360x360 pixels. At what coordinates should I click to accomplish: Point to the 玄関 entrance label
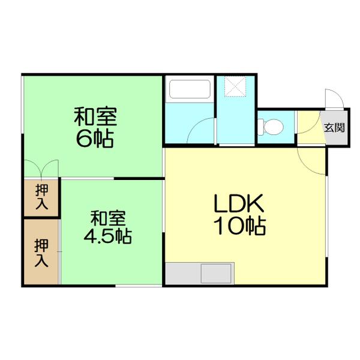coord(334,127)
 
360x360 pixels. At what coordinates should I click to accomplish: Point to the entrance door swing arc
coord(333,99)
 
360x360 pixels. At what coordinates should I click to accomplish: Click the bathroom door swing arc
coord(200,131)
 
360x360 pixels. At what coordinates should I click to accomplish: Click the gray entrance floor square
coord(335,127)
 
